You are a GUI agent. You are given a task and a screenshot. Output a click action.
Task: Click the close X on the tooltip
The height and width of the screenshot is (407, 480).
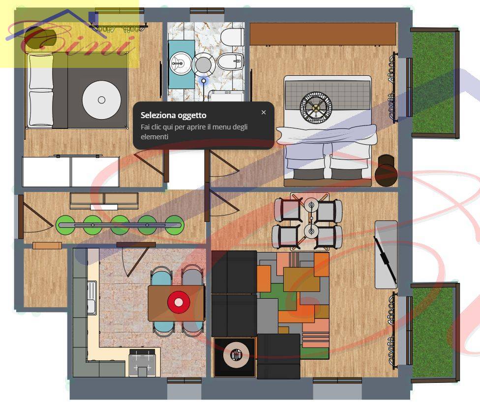click(264, 112)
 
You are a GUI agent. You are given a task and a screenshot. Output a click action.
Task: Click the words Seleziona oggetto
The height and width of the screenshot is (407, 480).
click(173, 116)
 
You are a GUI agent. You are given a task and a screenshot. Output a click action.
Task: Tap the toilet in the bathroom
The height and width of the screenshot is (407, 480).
click(232, 37)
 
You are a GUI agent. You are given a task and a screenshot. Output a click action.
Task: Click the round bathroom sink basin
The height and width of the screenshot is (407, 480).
click(180, 63)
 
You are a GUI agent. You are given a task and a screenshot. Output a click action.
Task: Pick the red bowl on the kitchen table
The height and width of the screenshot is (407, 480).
click(179, 302)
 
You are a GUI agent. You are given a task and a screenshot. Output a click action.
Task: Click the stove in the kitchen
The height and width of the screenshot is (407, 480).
click(142, 363)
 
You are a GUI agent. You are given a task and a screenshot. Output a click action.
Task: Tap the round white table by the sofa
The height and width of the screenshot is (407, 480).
click(102, 100)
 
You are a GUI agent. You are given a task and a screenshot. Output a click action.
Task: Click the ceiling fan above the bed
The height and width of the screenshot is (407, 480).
click(316, 107)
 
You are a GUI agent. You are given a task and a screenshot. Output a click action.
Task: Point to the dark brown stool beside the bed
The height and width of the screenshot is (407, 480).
click(386, 171)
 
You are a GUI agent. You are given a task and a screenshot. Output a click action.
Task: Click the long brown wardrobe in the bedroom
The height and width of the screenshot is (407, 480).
click(323, 33)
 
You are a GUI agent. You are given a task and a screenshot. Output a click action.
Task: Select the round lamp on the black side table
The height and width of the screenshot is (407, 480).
click(236, 355)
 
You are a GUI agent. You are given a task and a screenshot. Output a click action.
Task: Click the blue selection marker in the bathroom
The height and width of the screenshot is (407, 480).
click(203, 81)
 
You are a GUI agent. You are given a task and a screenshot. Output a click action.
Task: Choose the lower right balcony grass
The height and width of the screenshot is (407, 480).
click(433, 333)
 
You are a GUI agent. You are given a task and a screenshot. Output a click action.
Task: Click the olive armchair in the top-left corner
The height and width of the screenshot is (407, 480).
click(40, 37)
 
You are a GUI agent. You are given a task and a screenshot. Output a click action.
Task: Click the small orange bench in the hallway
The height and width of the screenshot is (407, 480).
click(47, 246)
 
